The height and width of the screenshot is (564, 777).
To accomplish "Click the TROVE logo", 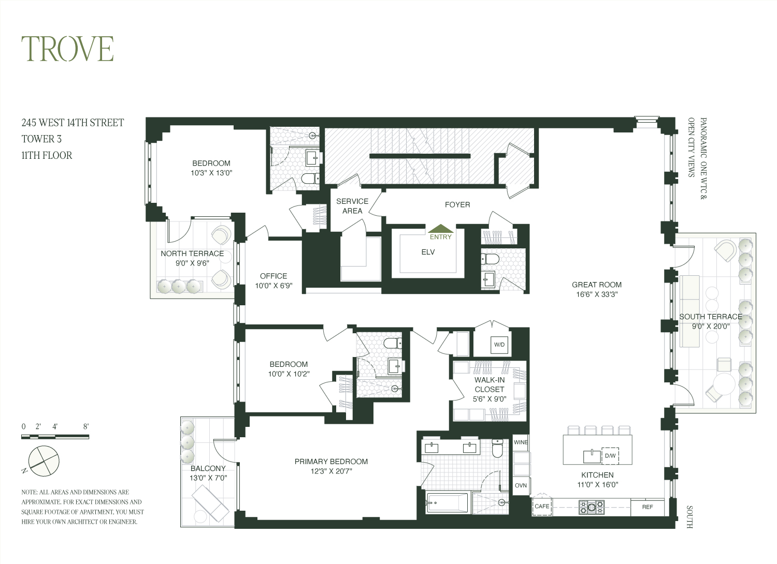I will (x=67, y=49).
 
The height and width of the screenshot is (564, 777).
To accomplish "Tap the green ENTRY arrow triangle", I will (x=440, y=228).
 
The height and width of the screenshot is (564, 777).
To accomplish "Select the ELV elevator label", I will (x=428, y=252).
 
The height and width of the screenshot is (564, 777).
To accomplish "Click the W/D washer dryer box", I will (x=499, y=345).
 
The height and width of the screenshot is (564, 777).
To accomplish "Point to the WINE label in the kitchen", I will (x=521, y=442).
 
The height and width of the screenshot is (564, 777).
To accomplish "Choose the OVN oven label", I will (x=521, y=485).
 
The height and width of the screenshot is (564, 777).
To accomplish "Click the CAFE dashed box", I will (x=542, y=506).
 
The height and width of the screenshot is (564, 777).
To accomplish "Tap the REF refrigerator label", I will (x=647, y=507).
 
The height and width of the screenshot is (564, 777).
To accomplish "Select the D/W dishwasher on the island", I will (x=610, y=456).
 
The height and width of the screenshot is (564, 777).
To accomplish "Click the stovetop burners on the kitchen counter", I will (x=592, y=507).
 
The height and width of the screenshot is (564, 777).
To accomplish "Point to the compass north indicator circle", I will (x=44, y=461).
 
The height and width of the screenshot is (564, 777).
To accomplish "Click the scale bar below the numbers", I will (x=55, y=437).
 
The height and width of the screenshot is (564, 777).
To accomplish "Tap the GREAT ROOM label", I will (x=597, y=285).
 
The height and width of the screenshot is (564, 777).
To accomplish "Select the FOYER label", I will (x=457, y=205).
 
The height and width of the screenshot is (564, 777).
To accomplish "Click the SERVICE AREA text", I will (x=352, y=206).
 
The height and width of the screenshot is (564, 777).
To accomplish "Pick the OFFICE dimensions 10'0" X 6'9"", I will (x=274, y=286).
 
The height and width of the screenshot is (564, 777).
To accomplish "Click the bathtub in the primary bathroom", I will (x=447, y=502).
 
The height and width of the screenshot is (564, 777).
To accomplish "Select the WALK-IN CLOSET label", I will (x=489, y=384).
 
